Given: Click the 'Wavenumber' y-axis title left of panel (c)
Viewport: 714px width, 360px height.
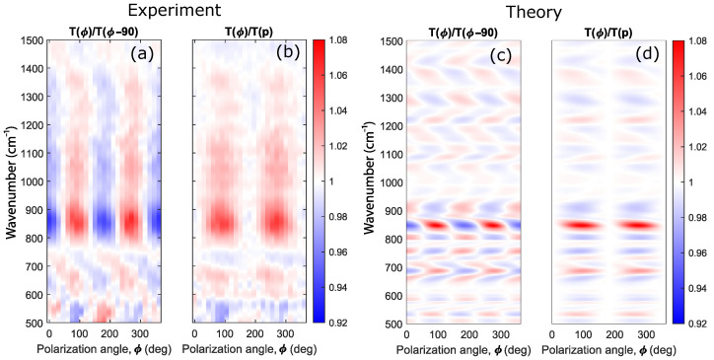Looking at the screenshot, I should point(368,181).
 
